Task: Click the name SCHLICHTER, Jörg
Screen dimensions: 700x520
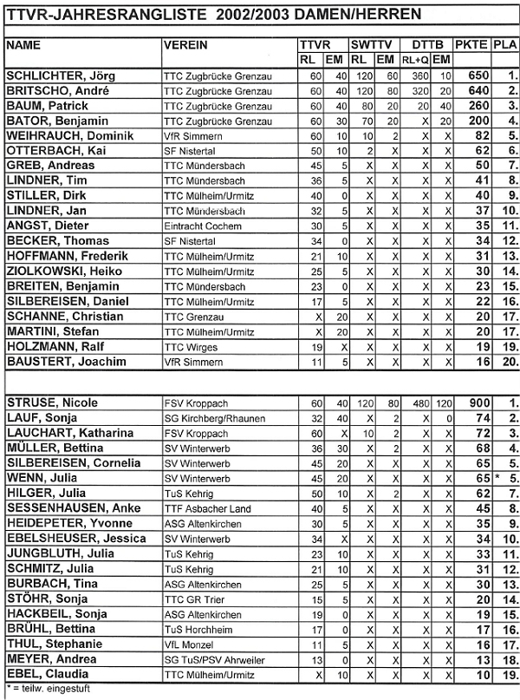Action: coord(63,76)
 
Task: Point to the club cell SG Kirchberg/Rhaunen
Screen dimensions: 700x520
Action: coord(210,418)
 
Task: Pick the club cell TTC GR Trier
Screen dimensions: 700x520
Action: coord(192,599)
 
